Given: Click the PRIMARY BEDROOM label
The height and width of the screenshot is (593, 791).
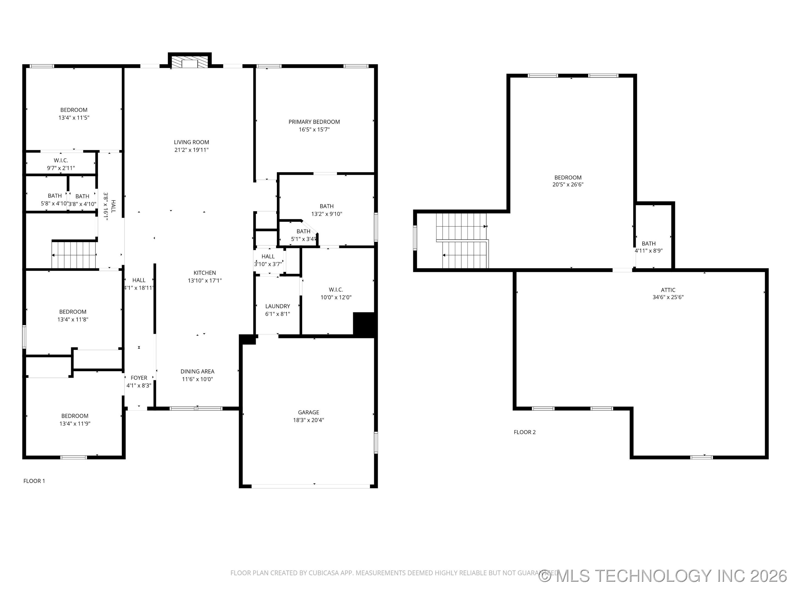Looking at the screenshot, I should pyautogui.click(x=314, y=122).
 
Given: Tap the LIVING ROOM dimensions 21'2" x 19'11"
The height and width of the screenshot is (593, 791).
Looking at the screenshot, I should pyautogui.click(x=191, y=150).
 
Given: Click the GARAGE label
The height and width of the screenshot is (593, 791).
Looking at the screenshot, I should pyautogui.click(x=308, y=412).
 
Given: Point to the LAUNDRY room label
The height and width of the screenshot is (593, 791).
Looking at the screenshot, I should pyautogui.click(x=277, y=306).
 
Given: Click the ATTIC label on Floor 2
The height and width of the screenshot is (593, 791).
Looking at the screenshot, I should pyautogui.click(x=668, y=290).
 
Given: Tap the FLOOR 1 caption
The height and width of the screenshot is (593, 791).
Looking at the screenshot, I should pyautogui.click(x=34, y=481).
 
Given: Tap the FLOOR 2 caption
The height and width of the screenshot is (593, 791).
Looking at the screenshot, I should pyautogui.click(x=525, y=432).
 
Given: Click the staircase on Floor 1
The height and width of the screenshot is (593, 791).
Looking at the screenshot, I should pyautogui.click(x=74, y=255).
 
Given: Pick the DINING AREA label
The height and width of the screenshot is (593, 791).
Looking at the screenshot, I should pyautogui.click(x=197, y=372).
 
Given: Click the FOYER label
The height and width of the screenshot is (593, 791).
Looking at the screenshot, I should pyautogui.click(x=139, y=378).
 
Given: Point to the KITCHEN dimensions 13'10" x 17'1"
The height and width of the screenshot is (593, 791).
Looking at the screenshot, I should pyautogui.click(x=205, y=281).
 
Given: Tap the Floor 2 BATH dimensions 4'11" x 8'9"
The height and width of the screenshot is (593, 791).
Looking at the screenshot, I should pyautogui.click(x=648, y=251).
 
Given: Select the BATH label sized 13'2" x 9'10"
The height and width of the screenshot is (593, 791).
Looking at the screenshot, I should pyautogui.click(x=327, y=206).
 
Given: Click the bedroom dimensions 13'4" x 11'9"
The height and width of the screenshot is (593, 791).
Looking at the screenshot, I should pyautogui.click(x=75, y=424).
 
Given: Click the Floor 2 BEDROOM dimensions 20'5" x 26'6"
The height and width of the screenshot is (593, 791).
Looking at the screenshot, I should pyautogui.click(x=568, y=185).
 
